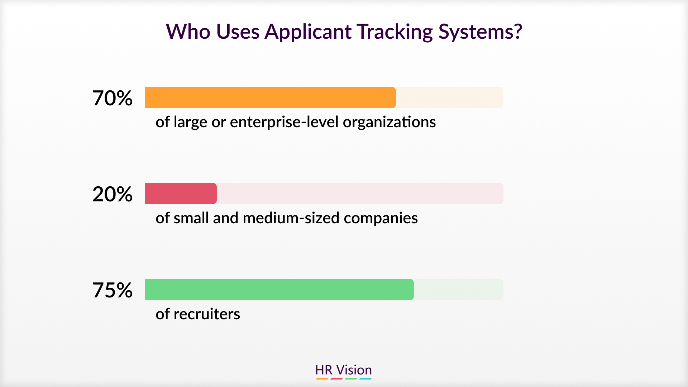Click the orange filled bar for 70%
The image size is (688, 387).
tap(270, 97)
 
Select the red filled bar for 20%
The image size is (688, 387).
tap(181, 193)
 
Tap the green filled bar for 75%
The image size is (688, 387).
tap(279, 290)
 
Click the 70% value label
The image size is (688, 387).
tap(113, 98)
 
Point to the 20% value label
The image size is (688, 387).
tap(113, 194)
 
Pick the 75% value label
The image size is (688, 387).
tap(113, 290)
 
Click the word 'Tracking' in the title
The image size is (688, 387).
tap(395, 32)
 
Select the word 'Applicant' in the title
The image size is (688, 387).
tap(308, 32)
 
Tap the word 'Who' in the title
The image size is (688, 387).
tap(188, 32)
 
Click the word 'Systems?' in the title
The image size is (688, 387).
tap(481, 32)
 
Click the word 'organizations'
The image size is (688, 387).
tap(390, 123)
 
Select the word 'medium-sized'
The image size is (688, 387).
tap(291, 218)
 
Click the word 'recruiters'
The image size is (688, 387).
tap(207, 314)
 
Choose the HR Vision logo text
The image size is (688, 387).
tap(344, 370)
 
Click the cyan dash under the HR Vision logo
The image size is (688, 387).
tap(365, 378)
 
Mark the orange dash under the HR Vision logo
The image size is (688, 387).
tap(322, 378)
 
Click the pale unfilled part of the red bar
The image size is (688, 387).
tap(360, 193)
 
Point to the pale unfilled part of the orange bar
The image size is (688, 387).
tap(450, 97)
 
